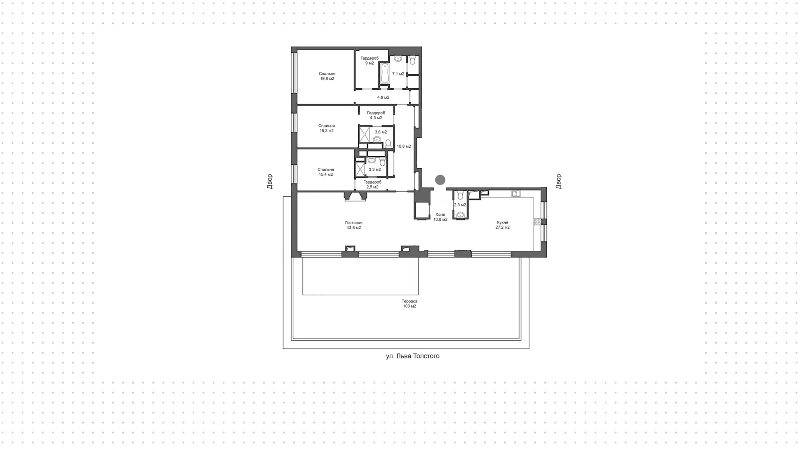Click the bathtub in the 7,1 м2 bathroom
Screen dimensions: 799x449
coord(385,74)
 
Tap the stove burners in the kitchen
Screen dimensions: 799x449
coord(538,222)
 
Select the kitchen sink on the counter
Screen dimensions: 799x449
coord(516,193)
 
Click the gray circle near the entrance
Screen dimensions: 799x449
coord(440,180)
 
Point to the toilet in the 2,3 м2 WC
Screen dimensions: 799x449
coord(460,196)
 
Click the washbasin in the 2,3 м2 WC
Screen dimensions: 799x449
coord(460,215)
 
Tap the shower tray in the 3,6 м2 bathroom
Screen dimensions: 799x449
coord(365,135)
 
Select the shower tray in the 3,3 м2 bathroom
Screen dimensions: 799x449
coord(360,170)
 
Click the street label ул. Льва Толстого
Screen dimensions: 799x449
coord(412,356)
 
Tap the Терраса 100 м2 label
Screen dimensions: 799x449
coord(409,304)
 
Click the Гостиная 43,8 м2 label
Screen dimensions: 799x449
coord(354,225)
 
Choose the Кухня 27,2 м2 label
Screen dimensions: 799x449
coord(502,225)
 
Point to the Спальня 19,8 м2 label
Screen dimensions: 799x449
coord(327,76)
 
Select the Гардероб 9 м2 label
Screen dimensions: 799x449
coord(370,61)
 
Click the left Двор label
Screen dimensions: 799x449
coord(270,182)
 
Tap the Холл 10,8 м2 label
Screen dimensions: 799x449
coord(440,217)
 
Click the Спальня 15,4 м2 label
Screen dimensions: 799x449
coord(326,172)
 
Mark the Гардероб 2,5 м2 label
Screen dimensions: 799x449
coord(372,185)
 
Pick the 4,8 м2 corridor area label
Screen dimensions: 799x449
coord(383,97)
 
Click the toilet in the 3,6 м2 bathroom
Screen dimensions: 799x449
coord(388,144)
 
